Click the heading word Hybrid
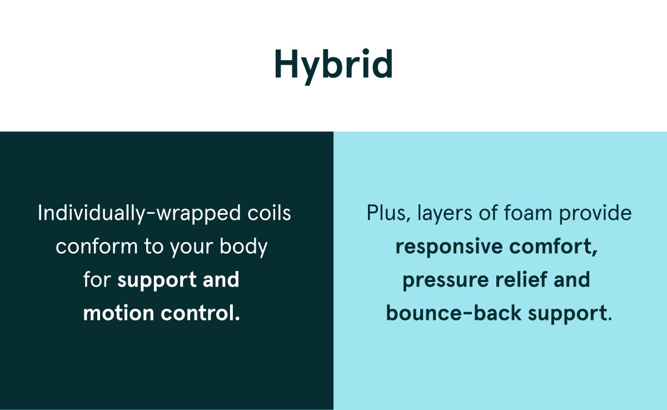click(x=333, y=66)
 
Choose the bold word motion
click(x=118, y=313)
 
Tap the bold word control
click(x=201, y=313)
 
